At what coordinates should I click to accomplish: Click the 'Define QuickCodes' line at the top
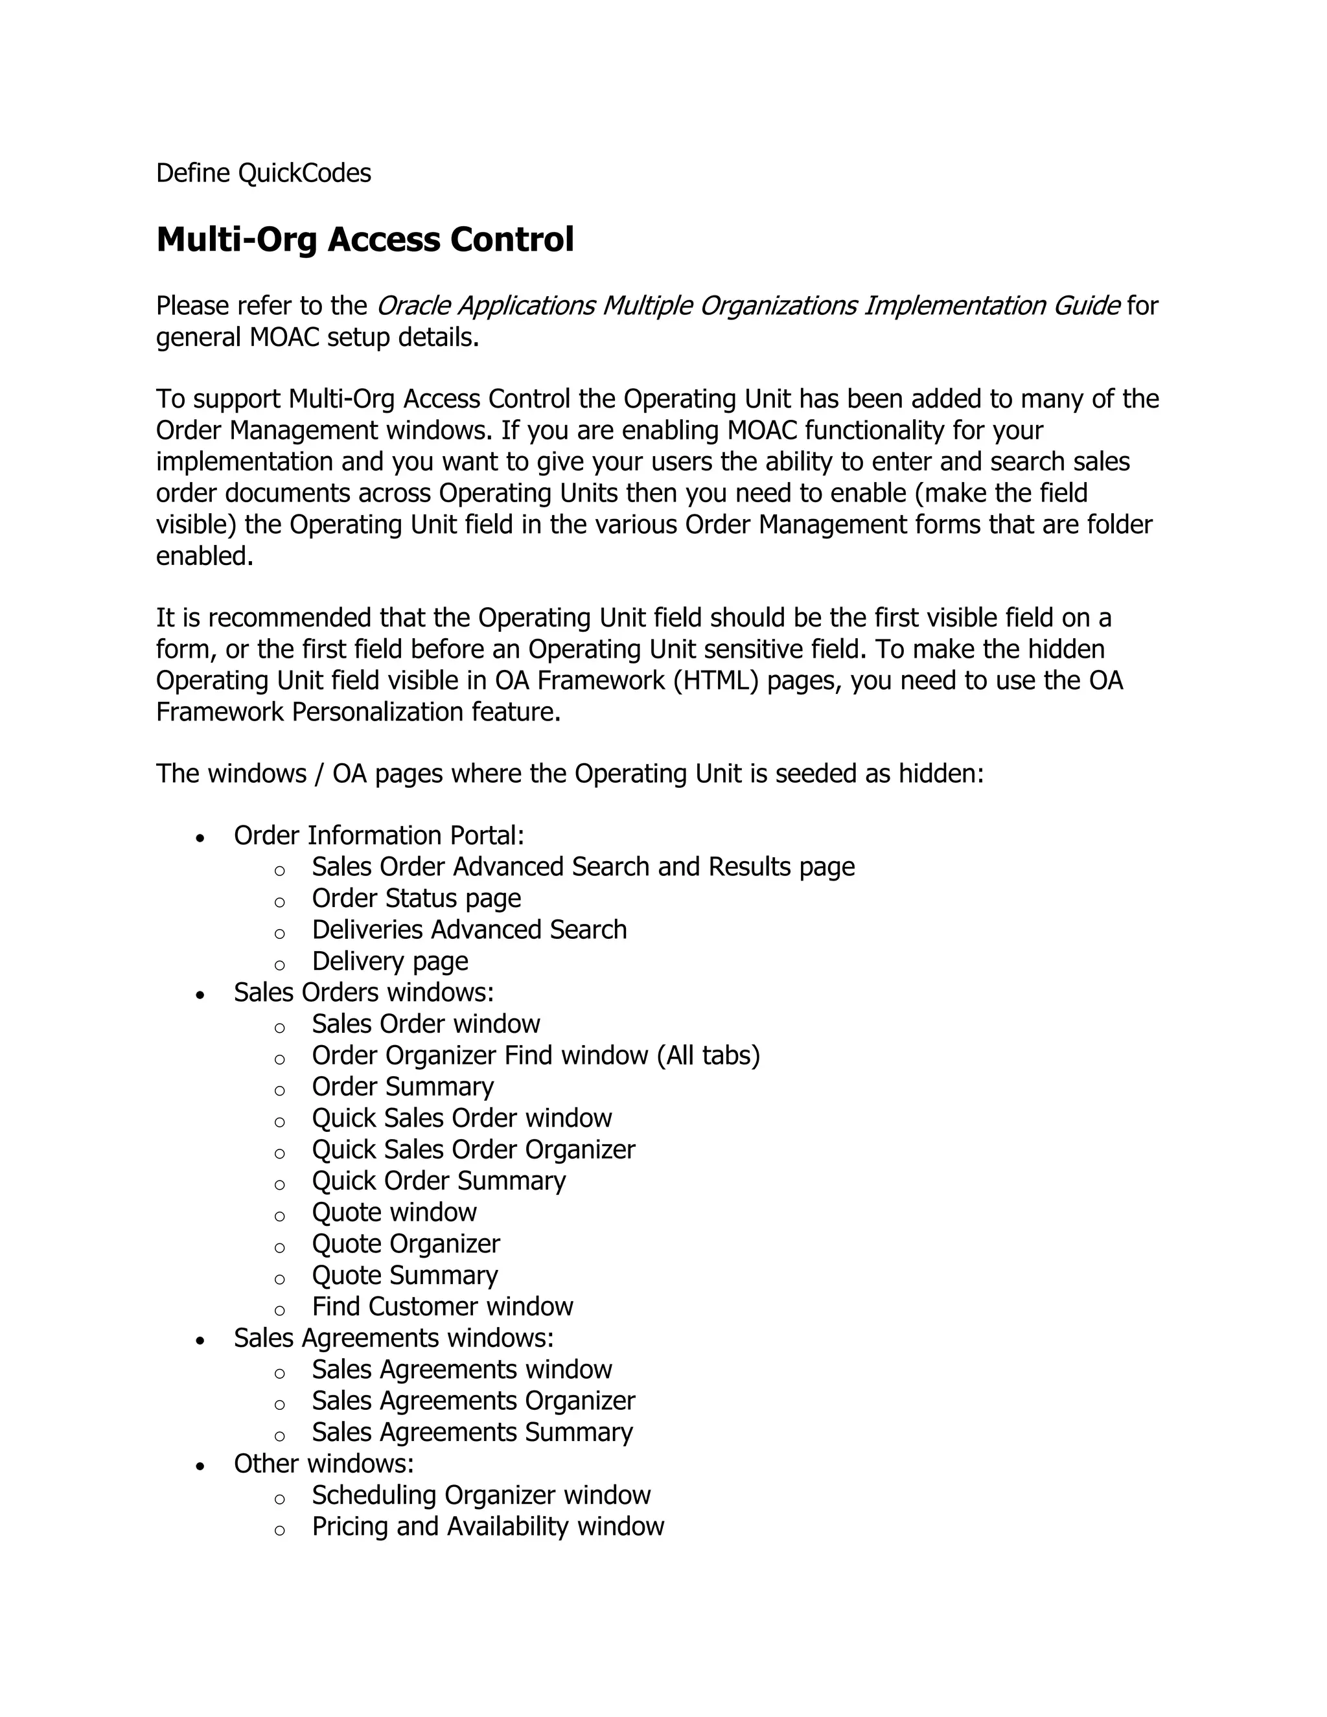263,173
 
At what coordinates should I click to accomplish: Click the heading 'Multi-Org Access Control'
365,239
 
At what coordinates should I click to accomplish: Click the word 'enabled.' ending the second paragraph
204,556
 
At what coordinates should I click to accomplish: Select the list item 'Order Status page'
416,898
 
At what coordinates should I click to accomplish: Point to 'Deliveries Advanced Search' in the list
468,929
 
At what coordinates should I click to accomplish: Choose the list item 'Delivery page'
389,961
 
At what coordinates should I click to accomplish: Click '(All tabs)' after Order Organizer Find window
708,1055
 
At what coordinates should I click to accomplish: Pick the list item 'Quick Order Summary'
438,1181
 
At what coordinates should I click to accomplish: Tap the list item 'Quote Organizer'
405,1244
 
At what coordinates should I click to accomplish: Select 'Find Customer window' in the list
442,1307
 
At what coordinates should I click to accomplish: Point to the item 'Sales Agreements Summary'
472,1433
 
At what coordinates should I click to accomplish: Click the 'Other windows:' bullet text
323,1464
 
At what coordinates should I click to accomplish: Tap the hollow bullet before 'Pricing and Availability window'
279,1530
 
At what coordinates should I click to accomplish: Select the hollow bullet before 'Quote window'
279,1216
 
